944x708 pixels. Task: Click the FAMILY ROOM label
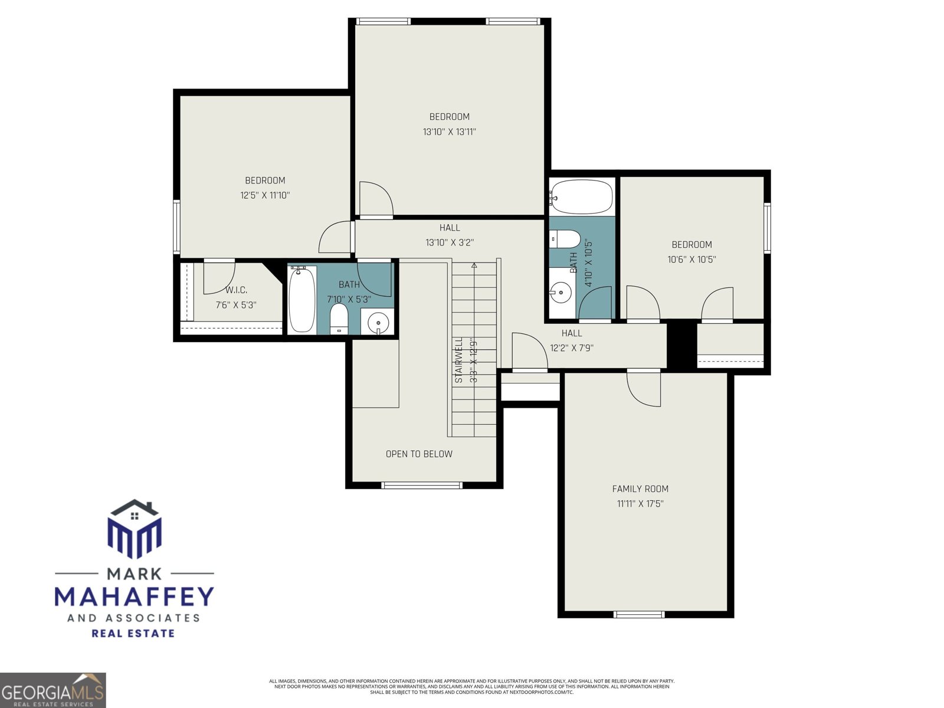pos(640,489)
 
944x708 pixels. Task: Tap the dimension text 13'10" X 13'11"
pos(449,132)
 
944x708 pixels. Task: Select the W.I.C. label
pos(236,290)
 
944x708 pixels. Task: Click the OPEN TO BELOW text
pos(419,454)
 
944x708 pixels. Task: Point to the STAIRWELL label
pos(459,360)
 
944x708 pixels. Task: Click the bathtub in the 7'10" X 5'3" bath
pos(301,299)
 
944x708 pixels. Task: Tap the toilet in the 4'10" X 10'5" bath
pos(566,239)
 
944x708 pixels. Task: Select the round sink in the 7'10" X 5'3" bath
pos(378,323)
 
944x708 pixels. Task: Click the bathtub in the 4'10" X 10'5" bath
pos(582,197)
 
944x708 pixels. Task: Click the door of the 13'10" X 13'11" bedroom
pos(375,199)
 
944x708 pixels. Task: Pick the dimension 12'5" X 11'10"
pos(265,195)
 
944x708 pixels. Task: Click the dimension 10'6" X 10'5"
pos(691,260)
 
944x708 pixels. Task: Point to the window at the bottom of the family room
pos(639,614)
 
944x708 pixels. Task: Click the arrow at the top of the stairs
pos(474,265)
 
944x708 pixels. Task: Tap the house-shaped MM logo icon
pos(135,529)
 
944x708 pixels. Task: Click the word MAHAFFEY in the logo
pos(135,596)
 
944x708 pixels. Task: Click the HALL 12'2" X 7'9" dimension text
pos(571,348)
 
